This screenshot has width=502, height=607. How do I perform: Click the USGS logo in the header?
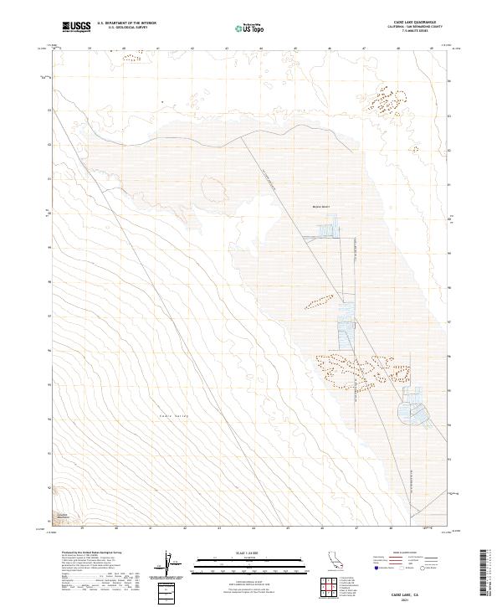pyautogui.click(x=76, y=27)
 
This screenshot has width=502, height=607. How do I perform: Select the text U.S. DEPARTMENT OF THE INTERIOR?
pyautogui.click(x=127, y=23)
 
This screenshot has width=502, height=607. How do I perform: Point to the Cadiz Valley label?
pyautogui.click(x=174, y=416)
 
